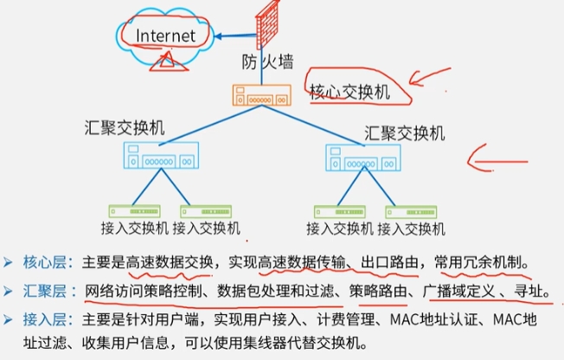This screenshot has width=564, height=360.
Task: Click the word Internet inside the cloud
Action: coord(165,35)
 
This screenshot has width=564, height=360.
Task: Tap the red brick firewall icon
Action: coord(267,24)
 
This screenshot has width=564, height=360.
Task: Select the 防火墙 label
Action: coord(267,61)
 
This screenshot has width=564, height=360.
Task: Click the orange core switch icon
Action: coord(262,95)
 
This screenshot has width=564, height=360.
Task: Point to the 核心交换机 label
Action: coord(349,92)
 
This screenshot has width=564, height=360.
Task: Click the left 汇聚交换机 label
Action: coord(125,127)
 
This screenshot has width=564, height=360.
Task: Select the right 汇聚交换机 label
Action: coord(405,133)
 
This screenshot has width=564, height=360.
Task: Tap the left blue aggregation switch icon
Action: coord(161,155)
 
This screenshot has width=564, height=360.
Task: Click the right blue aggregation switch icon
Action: coord(363,157)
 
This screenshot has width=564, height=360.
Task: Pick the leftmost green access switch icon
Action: coord(135,211)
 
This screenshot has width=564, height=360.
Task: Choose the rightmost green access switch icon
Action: coord(411,212)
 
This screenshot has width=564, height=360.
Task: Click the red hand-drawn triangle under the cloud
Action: coord(166,61)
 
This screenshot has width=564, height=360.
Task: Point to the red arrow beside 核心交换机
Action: coord(429,76)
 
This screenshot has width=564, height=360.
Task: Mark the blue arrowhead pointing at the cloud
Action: coord(218,36)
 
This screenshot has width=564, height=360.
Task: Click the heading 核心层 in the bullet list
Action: coord(45,262)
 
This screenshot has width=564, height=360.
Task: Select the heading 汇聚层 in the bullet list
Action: coord(45,291)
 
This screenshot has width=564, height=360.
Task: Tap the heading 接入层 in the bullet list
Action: coord(45,319)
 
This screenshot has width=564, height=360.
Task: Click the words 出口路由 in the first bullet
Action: coord(389,262)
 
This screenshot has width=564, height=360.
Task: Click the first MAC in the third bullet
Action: coord(404,319)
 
